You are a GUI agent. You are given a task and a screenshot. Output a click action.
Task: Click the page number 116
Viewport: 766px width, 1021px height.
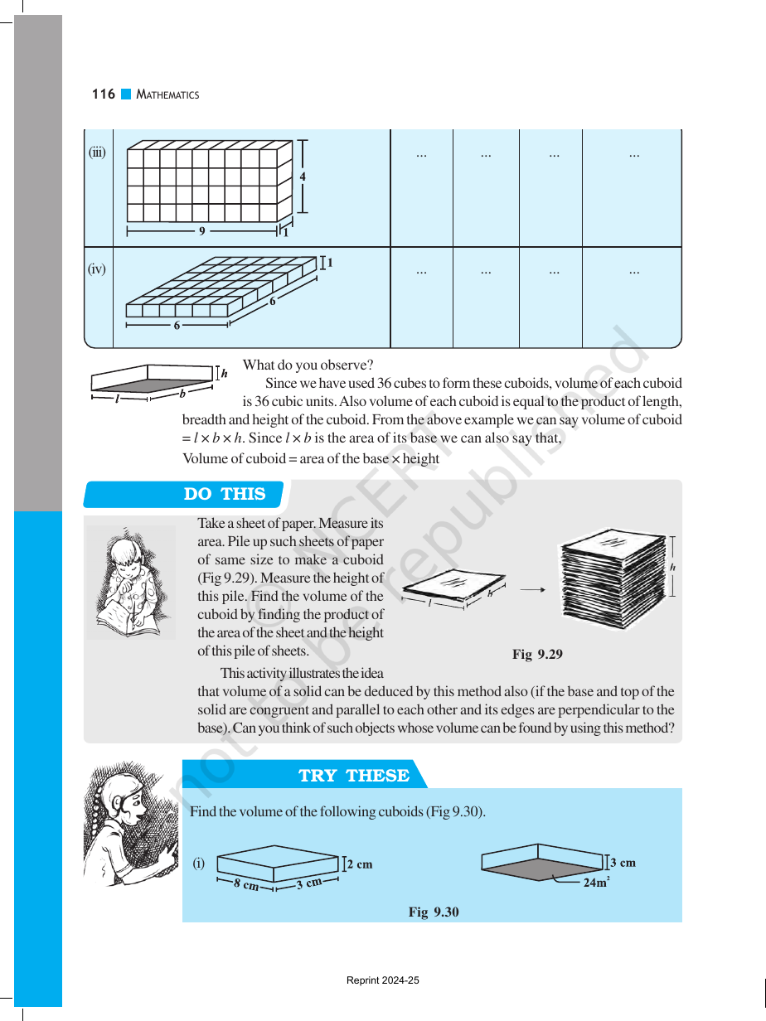(x=104, y=94)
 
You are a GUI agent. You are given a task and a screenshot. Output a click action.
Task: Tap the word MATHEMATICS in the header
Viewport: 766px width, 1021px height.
(x=167, y=95)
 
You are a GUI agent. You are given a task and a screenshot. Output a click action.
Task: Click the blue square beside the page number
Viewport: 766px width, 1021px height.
(x=126, y=94)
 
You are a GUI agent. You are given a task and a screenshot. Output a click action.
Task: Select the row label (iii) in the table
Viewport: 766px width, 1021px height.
(x=97, y=152)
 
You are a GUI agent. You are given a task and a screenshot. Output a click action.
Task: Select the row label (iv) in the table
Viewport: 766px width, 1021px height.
(x=97, y=269)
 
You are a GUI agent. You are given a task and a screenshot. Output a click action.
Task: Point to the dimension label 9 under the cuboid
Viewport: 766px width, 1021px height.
(x=201, y=230)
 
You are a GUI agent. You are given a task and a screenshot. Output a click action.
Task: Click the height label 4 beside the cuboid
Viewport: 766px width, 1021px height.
(x=303, y=177)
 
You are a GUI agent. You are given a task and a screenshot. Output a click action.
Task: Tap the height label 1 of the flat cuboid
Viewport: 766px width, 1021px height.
(x=330, y=263)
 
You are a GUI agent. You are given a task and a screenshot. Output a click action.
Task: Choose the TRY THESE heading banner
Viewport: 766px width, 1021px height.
(x=305, y=776)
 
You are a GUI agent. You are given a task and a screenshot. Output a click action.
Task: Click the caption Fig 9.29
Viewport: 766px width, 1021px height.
(x=537, y=654)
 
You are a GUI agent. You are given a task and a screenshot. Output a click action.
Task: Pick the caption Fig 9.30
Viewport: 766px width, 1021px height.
(x=434, y=912)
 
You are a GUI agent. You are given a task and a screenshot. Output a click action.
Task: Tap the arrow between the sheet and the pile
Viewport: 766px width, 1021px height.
(x=532, y=590)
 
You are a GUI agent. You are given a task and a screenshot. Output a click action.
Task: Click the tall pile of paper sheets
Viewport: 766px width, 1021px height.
(x=613, y=578)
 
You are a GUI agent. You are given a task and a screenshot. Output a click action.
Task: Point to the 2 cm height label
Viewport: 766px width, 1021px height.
(x=360, y=864)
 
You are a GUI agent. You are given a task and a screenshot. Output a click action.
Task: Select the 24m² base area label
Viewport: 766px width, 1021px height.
(x=597, y=883)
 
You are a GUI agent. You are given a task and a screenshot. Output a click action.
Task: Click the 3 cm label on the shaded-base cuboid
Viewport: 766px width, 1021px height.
(x=623, y=863)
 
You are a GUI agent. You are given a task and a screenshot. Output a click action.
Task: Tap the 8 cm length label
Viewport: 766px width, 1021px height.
(x=246, y=883)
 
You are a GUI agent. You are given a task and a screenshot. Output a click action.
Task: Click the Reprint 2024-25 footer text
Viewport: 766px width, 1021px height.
(x=383, y=980)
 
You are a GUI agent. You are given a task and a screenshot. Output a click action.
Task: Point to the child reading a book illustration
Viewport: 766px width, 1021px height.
(x=131, y=583)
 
